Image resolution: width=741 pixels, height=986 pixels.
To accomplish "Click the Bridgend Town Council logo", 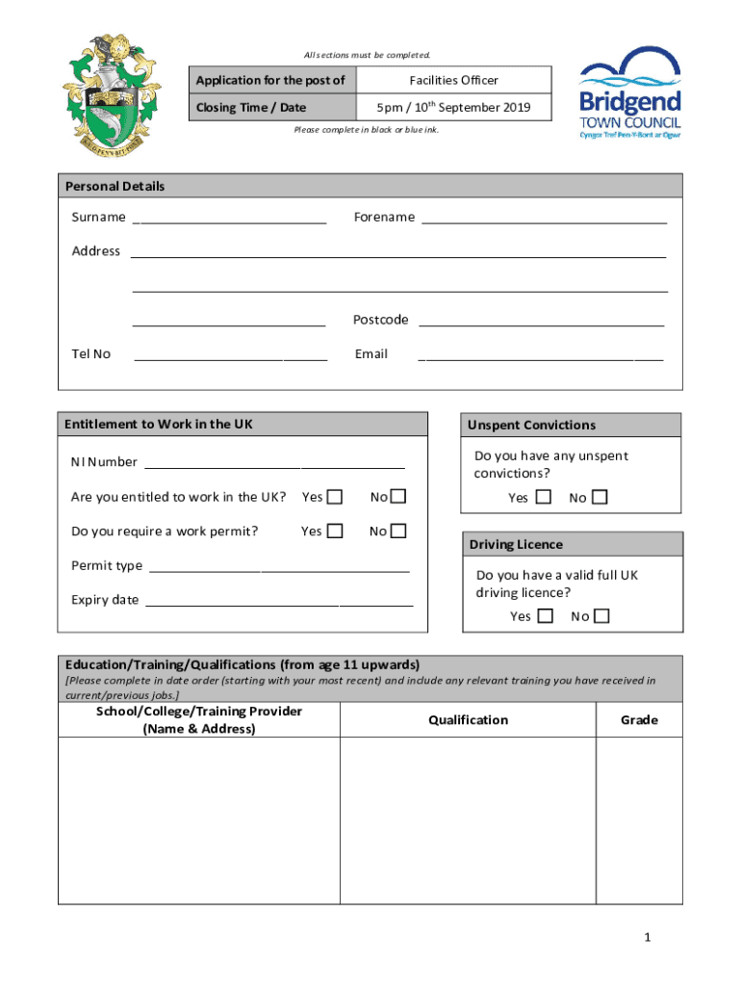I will [629, 93].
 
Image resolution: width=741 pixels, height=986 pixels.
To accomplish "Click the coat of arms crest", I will [112, 93].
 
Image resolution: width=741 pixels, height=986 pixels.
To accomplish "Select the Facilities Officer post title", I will [453, 80].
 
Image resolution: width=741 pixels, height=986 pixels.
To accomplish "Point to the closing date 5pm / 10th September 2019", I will [453, 107].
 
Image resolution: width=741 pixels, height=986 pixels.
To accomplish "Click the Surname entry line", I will [229, 219].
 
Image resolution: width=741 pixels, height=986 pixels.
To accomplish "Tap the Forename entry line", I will [544, 219].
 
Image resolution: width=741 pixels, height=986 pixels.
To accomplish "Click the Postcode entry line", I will [541, 322].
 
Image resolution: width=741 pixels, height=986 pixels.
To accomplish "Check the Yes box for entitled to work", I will [335, 497].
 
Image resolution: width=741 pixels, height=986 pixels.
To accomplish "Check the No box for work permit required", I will [398, 532].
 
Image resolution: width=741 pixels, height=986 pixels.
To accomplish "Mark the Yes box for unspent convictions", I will [544, 498].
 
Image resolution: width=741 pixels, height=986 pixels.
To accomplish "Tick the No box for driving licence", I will [601, 616].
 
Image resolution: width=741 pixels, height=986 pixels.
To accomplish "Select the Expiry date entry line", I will [278, 602].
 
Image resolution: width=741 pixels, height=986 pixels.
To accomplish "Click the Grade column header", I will [639, 720].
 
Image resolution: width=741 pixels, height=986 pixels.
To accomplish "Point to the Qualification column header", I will [468, 720].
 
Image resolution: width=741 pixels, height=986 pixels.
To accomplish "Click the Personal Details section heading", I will [115, 186].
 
